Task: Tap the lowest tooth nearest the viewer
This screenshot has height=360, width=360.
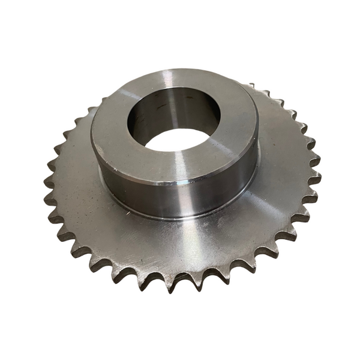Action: click(175, 284)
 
